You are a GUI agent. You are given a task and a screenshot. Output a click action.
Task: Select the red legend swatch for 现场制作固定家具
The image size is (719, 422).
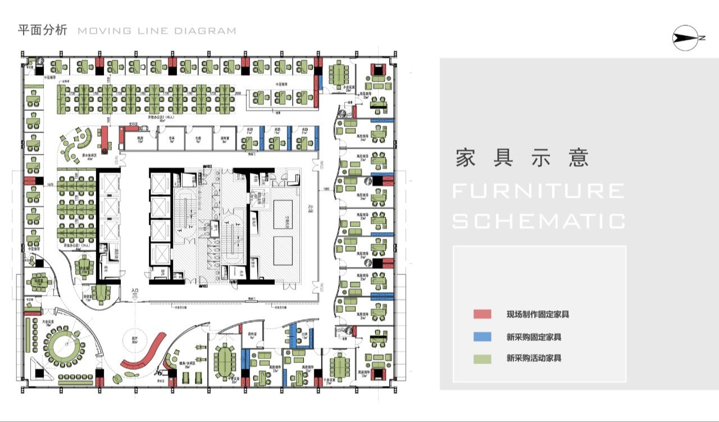tap(482, 314)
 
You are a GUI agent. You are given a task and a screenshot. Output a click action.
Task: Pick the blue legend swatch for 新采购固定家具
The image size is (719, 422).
tap(482, 337)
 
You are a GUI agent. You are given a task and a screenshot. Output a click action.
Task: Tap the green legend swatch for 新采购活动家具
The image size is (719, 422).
tap(482, 359)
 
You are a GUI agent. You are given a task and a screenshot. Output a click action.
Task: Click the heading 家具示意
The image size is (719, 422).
tap(522, 158)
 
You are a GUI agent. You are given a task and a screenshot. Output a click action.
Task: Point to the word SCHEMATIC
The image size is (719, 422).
tap(538, 221)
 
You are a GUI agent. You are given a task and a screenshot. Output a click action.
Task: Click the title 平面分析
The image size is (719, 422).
tap(42, 30)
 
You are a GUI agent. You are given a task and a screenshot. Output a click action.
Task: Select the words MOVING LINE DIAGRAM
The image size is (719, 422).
tap(157, 31)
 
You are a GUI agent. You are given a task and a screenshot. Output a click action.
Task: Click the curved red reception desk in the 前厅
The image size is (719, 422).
tap(143, 352)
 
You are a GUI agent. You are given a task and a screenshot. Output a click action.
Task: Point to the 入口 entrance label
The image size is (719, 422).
tap(135, 291)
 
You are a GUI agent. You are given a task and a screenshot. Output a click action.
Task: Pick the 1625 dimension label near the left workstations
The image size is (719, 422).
tap(51, 184)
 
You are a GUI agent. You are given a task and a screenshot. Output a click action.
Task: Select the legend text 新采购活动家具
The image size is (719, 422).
tap(534, 359)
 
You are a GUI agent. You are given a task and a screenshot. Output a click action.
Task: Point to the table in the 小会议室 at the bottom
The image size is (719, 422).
tap(339, 366)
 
